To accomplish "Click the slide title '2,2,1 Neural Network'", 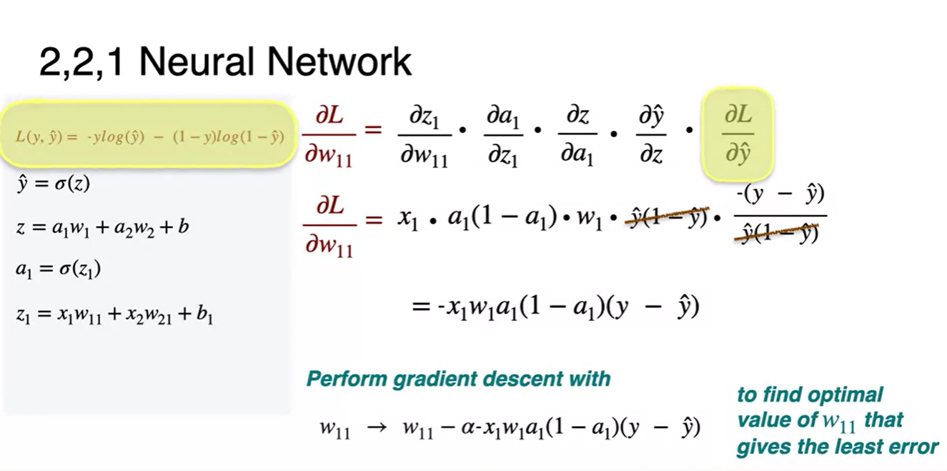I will (x=225, y=63).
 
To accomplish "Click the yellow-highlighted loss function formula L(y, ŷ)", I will (x=150, y=136).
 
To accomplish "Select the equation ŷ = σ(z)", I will (x=53, y=184).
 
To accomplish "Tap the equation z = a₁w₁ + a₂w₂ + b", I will (x=101, y=227).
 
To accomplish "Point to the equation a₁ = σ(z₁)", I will (x=58, y=269).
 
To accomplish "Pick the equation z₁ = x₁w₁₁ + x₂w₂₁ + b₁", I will (x=114, y=313).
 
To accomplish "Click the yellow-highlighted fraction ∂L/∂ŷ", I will (x=738, y=134).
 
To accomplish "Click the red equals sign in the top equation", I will (x=373, y=131).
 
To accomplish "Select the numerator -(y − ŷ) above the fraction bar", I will (x=780, y=194).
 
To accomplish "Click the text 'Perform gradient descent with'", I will (x=458, y=378).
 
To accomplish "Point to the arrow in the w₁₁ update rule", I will (x=376, y=427).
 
